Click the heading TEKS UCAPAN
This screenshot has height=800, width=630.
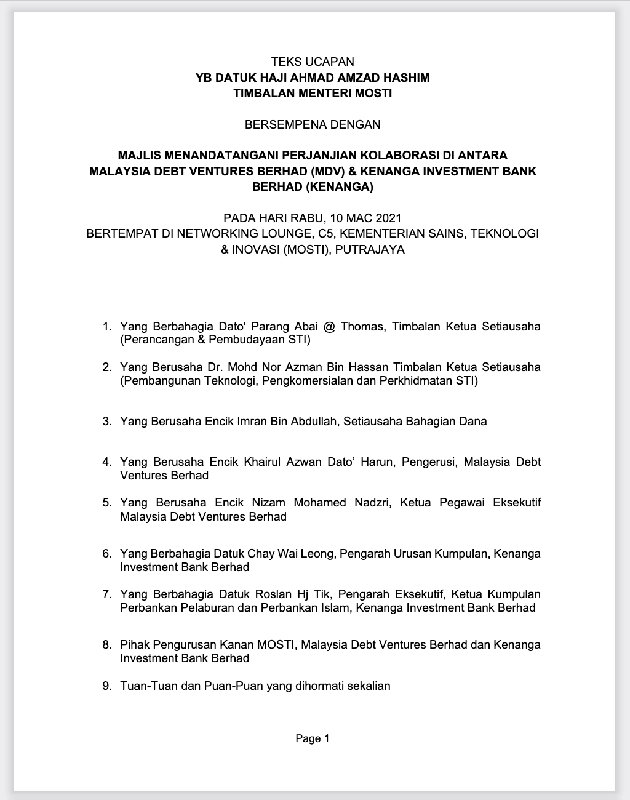coord(313,62)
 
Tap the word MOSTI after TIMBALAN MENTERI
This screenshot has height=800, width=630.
coord(371,94)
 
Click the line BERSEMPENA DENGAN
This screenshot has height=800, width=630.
coord(313,124)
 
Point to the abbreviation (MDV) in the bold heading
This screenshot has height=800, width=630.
coord(330,171)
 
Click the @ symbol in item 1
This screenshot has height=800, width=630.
coord(329,326)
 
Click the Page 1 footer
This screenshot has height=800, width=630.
coord(313,738)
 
